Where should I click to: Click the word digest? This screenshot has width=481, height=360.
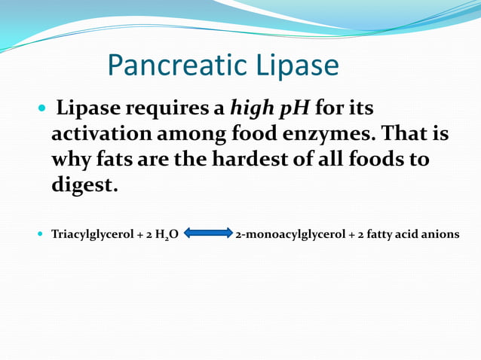coord(84,185)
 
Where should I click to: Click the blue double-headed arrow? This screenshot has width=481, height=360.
coord(207,234)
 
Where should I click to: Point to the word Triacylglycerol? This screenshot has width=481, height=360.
coord(87,234)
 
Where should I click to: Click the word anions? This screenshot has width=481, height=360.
coord(440,234)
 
